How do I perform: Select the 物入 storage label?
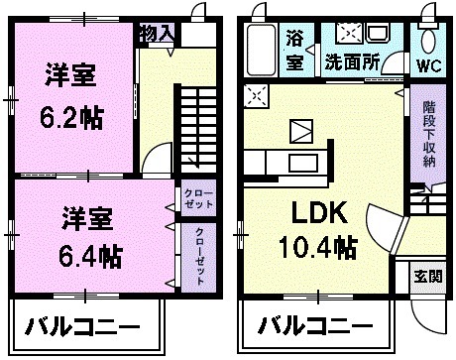158,33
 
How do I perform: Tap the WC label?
429,67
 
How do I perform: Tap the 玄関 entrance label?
428,277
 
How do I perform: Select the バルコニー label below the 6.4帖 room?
83,325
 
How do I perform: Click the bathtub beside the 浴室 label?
263,50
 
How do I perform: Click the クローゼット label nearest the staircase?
192,198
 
